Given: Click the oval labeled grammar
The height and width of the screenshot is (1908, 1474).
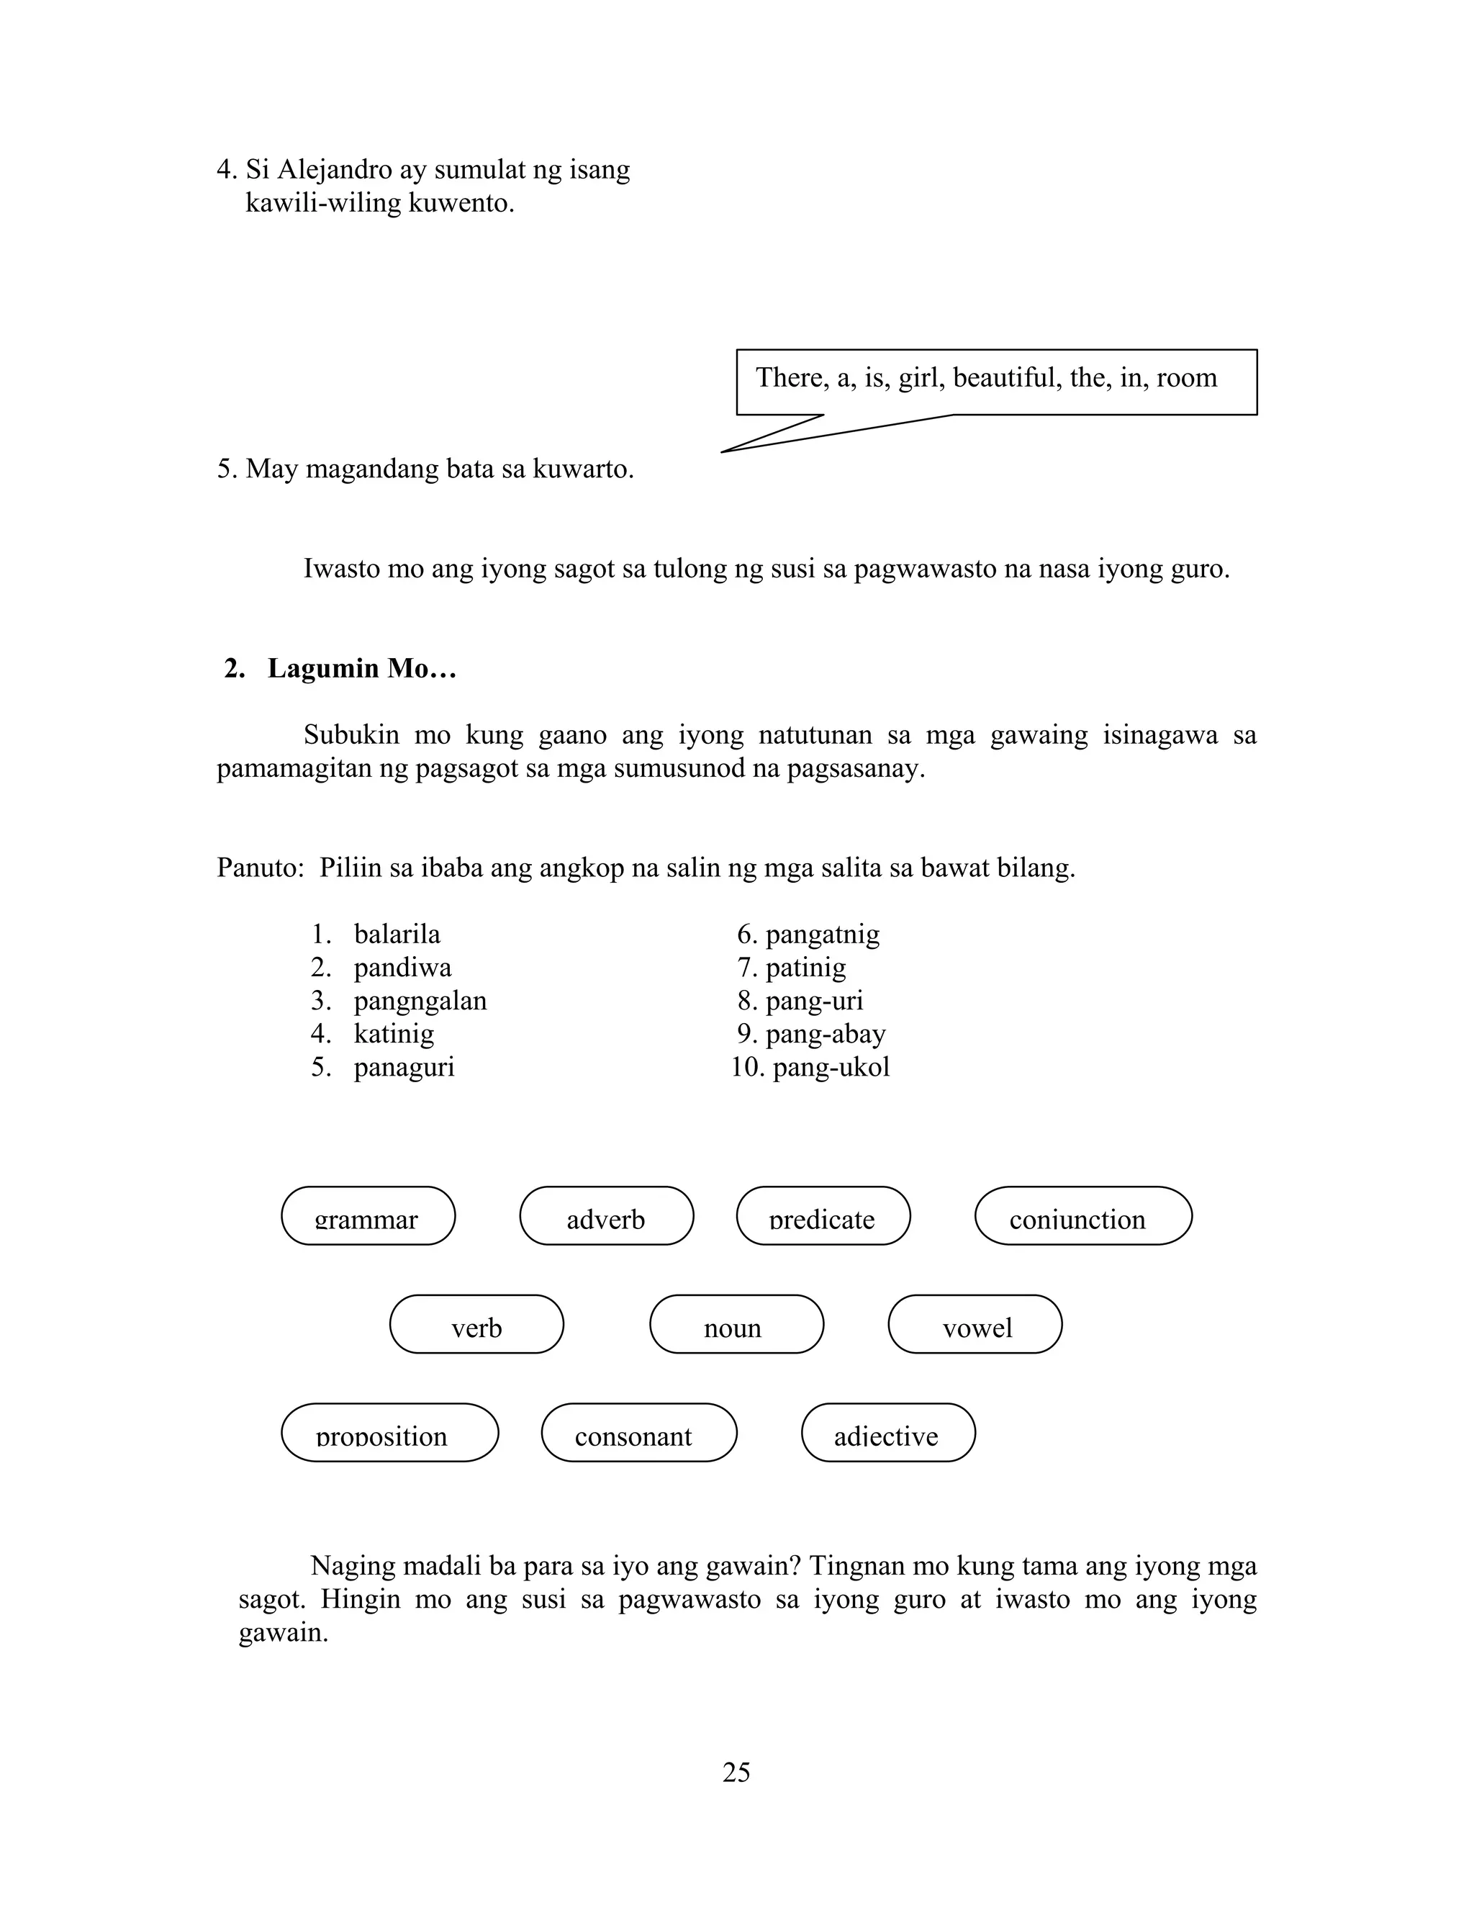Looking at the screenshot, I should pyautogui.click(x=368, y=1215).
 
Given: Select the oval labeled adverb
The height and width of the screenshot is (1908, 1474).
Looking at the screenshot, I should pyautogui.click(x=606, y=1215).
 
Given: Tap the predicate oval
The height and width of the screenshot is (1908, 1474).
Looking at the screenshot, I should pyautogui.click(x=823, y=1215).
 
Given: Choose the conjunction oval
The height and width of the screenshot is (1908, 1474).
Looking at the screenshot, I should pyautogui.click(x=1082, y=1215).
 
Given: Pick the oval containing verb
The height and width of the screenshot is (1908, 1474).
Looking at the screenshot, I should pyautogui.click(x=476, y=1323).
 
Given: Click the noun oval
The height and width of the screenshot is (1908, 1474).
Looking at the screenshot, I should pyautogui.click(x=736, y=1323).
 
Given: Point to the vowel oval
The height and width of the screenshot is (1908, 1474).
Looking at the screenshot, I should pyautogui.click(x=975, y=1323).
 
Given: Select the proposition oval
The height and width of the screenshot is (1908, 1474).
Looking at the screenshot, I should pyautogui.click(x=389, y=1432).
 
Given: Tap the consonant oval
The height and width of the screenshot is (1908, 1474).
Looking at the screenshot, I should pyautogui.click(x=638, y=1432).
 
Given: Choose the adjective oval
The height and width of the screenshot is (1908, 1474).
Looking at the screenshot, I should pyautogui.click(x=887, y=1432).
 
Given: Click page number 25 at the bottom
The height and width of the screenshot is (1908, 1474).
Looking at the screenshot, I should pyautogui.click(x=736, y=1772).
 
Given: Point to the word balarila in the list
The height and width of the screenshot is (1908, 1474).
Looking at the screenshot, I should pyautogui.click(x=397, y=935).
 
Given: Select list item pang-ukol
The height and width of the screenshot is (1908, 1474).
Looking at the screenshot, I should pyautogui.click(x=831, y=1068).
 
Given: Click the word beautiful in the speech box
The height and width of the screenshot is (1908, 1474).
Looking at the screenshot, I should pyautogui.click(x=1004, y=377).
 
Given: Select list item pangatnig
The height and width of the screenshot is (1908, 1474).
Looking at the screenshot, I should pyautogui.click(x=822, y=935).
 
